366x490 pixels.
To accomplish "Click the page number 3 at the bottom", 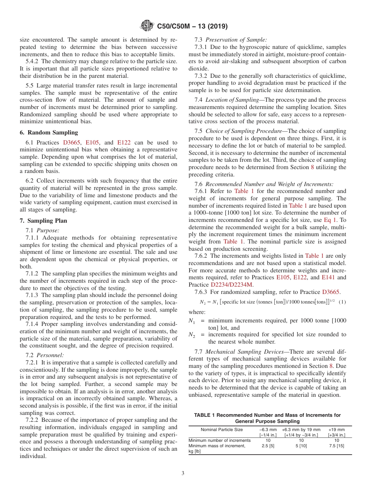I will pyautogui.click(x=183, y=473).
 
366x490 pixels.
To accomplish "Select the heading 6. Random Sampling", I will pyautogui.click(x=49, y=133).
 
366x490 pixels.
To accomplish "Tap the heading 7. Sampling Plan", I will pyautogui.click(x=43, y=221).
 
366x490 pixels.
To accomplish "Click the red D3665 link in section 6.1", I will pyautogui.click(x=72, y=143).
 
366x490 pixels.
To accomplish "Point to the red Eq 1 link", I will pyautogui.click(x=330, y=220).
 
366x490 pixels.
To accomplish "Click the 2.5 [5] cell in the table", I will pyautogui.click(x=268, y=446).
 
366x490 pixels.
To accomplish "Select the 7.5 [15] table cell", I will pyautogui.click(x=336, y=446).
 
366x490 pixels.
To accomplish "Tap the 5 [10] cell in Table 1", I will pyautogui.click(x=301, y=446).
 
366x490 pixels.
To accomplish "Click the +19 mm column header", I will pyautogui.click(x=336, y=430).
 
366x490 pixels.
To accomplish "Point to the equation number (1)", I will pyautogui.click(x=342, y=302).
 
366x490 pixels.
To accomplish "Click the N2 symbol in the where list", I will pyautogui.click(x=191, y=335).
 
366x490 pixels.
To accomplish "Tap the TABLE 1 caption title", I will pyautogui.click(x=267, y=418).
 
